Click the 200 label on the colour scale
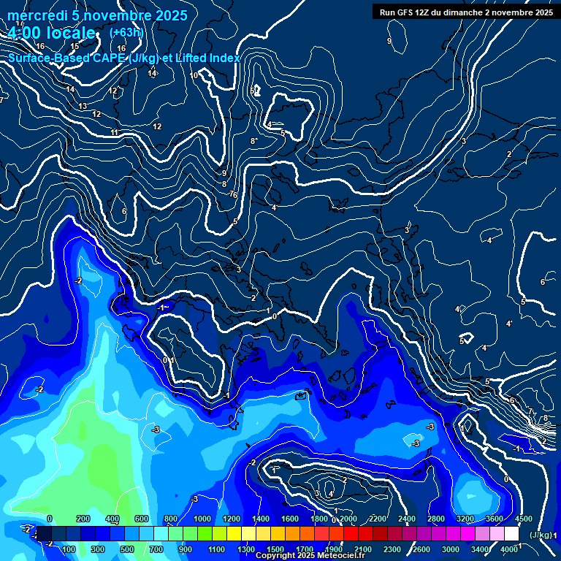click(83, 519)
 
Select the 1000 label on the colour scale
click(202, 519)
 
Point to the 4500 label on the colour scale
click(523, 519)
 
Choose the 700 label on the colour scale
click(156, 549)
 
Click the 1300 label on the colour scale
click(246, 549)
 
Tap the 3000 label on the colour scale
click(451, 549)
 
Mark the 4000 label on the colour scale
click(510, 549)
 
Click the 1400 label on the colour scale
click(261, 519)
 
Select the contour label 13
click(83, 107)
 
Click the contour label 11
click(115, 132)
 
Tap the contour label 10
click(194, 75)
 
